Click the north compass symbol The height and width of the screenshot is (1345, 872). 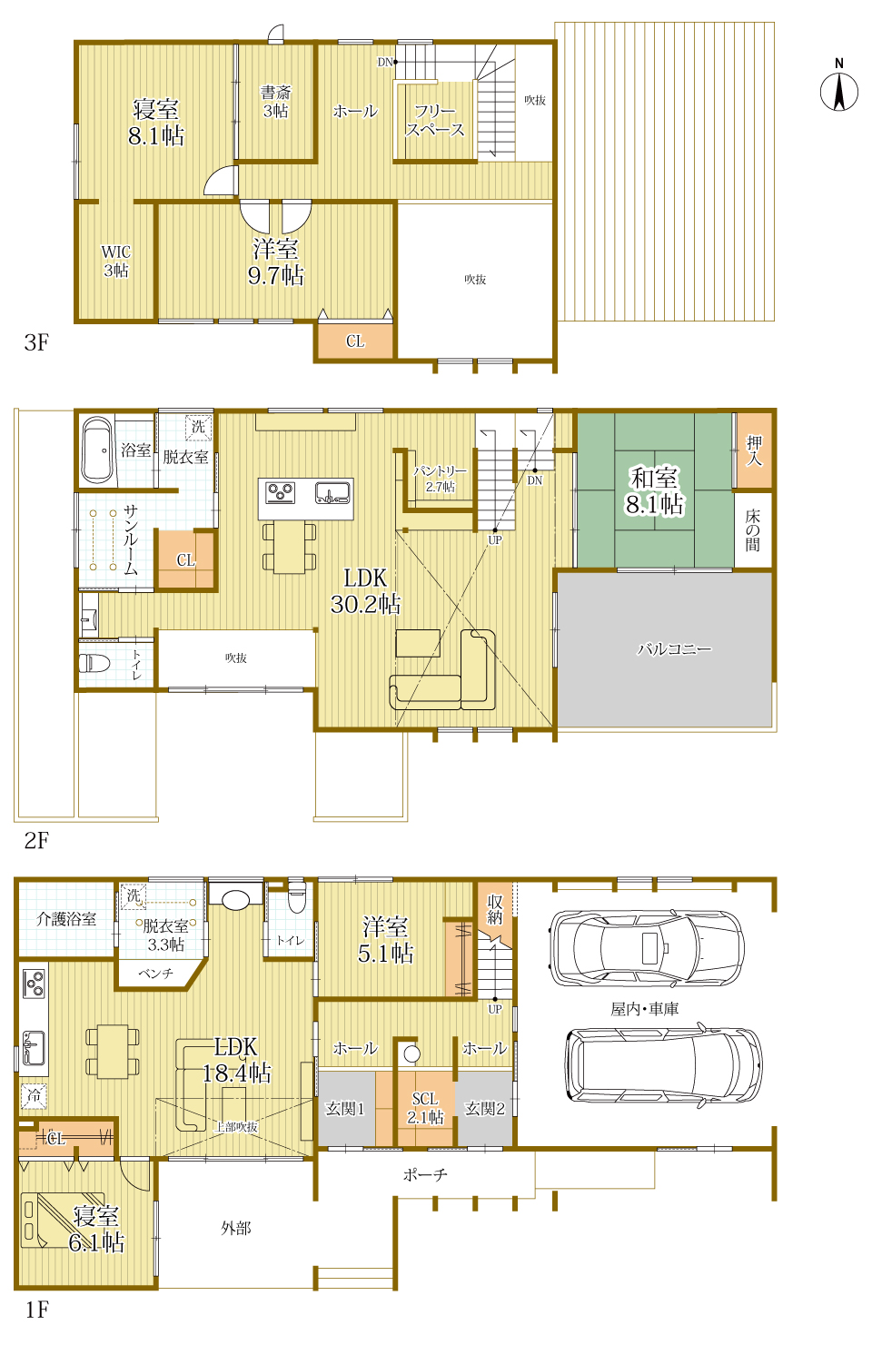[839, 87]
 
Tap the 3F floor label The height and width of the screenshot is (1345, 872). [36, 342]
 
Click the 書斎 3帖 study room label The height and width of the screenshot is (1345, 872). [275, 102]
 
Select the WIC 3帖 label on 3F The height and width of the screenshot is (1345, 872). [116, 262]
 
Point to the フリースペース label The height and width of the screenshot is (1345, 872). [435, 120]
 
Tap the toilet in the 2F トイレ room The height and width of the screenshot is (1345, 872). [94, 663]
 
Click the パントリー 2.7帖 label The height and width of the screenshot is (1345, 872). [441, 479]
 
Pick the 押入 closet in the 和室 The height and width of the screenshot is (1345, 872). [754, 450]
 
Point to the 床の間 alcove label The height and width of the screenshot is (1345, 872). [752, 530]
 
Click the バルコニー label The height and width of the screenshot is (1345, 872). [674, 648]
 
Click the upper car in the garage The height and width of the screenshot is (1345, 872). [646, 949]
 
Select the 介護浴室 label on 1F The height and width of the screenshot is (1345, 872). [66, 919]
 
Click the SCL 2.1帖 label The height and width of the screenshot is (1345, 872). [425, 1108]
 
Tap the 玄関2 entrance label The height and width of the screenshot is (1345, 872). [485, 1109]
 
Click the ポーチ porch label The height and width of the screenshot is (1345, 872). [425, 1175]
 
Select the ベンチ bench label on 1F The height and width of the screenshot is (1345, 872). [155, 974]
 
